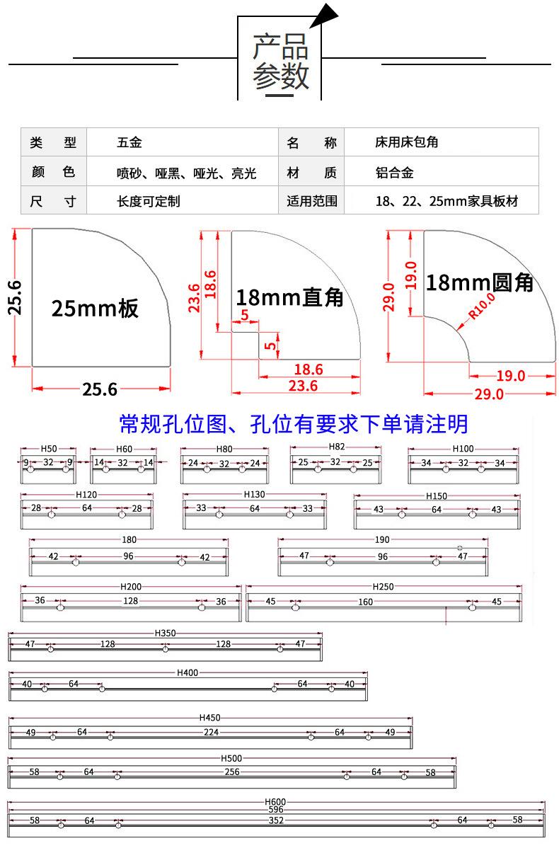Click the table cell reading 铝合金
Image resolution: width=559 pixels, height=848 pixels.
coord(394,173)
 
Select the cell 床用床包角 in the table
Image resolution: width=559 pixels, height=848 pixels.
coord(407,142)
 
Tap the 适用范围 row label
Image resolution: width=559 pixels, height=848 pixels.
coord(312,201)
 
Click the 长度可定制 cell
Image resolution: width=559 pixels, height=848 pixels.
coord(148,201)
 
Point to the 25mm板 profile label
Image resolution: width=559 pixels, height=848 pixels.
coord(95,308)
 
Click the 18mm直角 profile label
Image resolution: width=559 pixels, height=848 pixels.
coord(290,297)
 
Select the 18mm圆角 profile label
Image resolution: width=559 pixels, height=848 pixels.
coord(480,282)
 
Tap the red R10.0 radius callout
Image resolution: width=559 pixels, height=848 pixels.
coord(482,306)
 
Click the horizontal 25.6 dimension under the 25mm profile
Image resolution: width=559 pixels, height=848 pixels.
coord(100,389)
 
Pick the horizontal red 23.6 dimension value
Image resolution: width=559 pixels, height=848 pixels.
coord(303,386)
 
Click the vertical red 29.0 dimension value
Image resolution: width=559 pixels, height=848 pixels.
coord(388,297)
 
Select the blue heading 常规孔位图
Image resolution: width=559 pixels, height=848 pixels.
coord(173,425)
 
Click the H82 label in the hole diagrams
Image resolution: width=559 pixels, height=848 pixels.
coord(336,447)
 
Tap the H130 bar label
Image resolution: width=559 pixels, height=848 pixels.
coord(254,494)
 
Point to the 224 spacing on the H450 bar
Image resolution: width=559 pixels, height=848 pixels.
coord(211,732)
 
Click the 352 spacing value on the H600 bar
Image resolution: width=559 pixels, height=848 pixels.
coord(276,820)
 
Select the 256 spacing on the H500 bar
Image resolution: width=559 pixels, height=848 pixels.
coord(232,772)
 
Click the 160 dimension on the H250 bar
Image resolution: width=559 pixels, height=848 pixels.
coord(365,602)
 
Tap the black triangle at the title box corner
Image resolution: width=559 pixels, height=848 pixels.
coord(324,15)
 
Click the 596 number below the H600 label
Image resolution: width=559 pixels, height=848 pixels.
coord(276,810)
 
